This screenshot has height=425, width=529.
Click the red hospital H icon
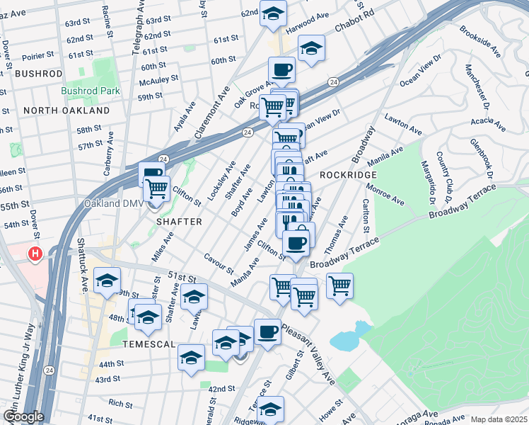click(34, 254)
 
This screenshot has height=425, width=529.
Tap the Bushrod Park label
click(90, 91)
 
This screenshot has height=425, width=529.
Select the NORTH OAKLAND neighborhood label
click(66, 110)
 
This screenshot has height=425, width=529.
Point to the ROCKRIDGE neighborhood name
click(346, 174)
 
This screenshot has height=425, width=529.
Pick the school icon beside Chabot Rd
click(310, 49)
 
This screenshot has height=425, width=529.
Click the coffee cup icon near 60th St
click(281, 69)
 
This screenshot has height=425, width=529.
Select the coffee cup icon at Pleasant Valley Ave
click(267, 331)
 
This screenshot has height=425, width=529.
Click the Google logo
click(23, 416)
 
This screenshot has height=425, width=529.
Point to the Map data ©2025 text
click(499, 419)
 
